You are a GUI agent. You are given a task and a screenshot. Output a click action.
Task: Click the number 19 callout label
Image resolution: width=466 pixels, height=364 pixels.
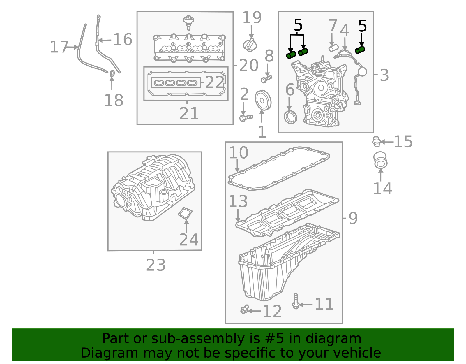pos(252,17)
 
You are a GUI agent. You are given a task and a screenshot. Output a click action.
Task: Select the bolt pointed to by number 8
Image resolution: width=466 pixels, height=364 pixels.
pos(266,79)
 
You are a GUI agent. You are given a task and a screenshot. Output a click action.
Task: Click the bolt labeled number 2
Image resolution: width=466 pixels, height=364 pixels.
pos(246,118)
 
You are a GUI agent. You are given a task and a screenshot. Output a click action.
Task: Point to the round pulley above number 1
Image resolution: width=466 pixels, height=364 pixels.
pos(263,100)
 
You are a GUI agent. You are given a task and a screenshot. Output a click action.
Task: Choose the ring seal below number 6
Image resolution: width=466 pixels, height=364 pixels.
pos(290,117)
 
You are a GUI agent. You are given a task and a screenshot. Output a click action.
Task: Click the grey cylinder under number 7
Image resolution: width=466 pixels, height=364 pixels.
pos(333,48)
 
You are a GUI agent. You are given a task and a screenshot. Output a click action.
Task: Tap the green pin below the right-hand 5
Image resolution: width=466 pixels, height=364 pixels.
pos(360,50)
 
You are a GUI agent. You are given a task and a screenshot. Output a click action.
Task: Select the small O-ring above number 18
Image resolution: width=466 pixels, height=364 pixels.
pos(112,73)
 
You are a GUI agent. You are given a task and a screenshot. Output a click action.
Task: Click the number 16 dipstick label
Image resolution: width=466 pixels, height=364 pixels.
pos(122,39)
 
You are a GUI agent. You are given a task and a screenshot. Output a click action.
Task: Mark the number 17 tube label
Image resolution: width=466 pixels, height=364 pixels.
pos(59,47)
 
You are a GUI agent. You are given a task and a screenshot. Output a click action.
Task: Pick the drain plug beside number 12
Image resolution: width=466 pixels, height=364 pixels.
pos(244,309)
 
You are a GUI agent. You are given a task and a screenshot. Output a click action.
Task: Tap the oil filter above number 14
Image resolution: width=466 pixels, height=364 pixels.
pos(380,160)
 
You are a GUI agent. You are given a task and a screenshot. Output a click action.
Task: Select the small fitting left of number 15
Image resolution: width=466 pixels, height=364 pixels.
pos(376,142)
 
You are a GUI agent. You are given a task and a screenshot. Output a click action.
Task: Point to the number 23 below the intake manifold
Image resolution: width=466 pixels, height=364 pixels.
pos(156,265)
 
